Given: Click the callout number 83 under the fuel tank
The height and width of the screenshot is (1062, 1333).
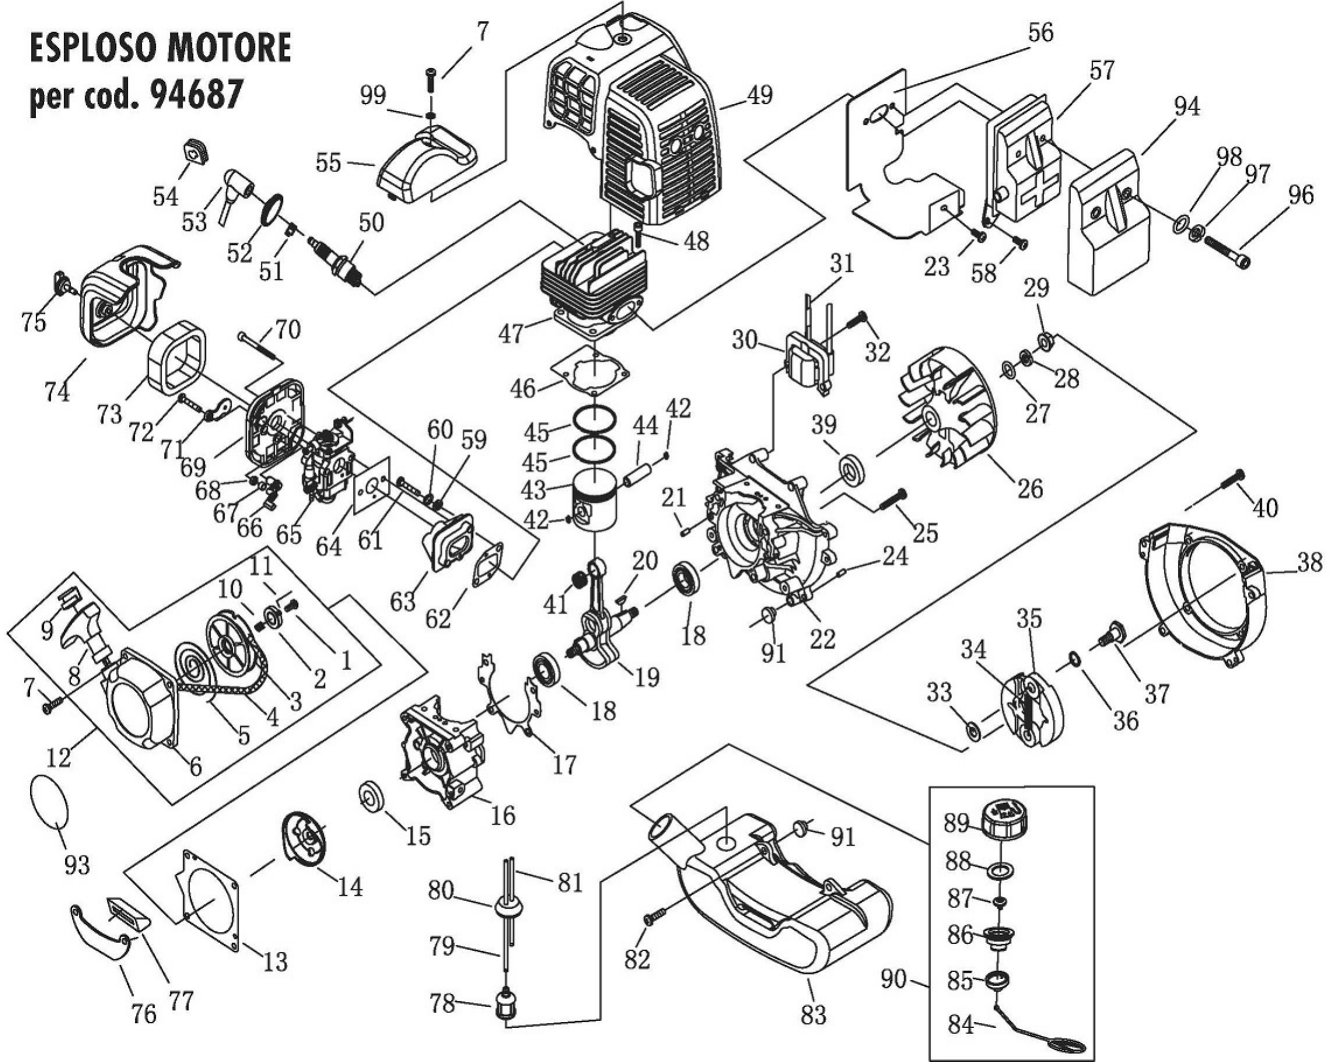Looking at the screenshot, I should (812, 1014).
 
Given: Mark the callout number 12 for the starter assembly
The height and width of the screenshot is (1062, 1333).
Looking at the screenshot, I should (59, 757).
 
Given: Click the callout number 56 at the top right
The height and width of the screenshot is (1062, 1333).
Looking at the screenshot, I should (1040, 32).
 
